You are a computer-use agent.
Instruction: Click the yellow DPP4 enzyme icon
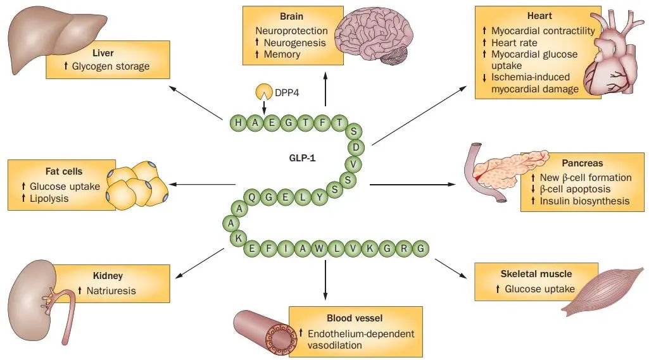click(x=263, y=92)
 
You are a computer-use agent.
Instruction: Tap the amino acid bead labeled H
click(x=238, y=123)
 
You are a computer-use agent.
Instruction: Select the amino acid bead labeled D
click(x=356, y=147)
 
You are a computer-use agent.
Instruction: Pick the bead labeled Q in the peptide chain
click(x=251, y=197)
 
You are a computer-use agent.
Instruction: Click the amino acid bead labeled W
click(x=318, y=249)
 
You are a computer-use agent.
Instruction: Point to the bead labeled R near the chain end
click(x=403, y=249)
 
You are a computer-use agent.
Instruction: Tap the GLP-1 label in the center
click(x=302, y=158)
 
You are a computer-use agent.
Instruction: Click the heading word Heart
click(x=539, y=16)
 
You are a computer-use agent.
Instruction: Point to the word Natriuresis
click(x=111, y=291)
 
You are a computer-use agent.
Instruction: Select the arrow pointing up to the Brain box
click(x=325, y=89)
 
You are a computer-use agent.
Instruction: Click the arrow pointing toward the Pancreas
click(x=412, y=184)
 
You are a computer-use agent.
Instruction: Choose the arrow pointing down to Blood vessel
click(x=325, y=280)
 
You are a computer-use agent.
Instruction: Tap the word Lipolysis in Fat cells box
click(x=49, y=199)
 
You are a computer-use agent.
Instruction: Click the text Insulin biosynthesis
click(x=584, y=201)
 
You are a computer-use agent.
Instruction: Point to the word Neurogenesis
click(x=294, y=42)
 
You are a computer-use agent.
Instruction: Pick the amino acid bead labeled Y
click(x=319, y=197)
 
